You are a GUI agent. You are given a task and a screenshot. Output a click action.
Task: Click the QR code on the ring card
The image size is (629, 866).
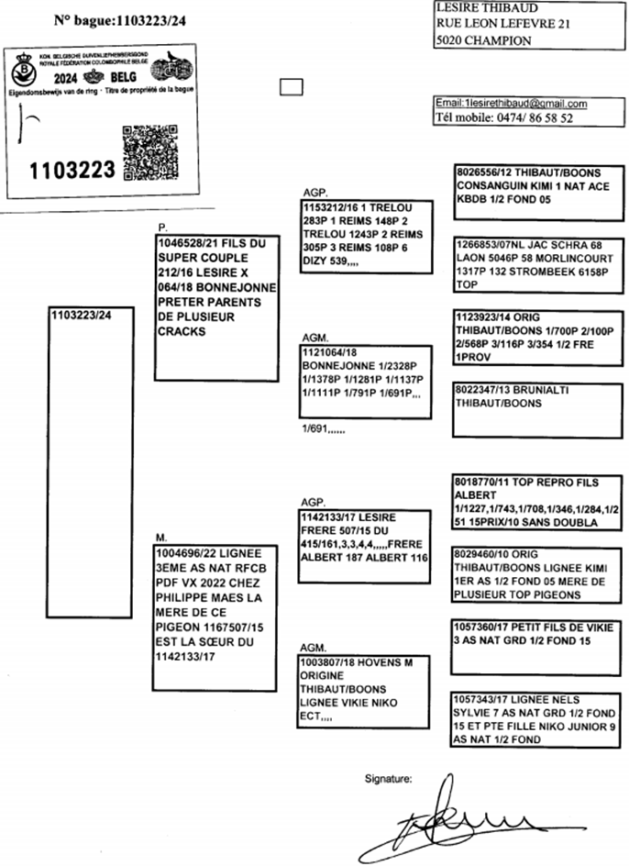click(x=147, y=150)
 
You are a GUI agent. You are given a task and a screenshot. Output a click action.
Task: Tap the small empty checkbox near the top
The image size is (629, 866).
click(x=291, y=87)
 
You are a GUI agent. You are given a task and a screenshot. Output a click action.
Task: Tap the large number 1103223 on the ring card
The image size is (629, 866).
click(x=72, y=171)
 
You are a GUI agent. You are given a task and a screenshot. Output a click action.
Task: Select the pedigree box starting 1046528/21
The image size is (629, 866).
click(x=216, y=305)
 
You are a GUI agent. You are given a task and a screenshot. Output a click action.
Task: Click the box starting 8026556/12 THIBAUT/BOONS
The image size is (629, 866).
click(x=537, y=192)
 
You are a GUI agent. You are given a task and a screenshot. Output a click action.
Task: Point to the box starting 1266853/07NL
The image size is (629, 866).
click(x=537, y=265)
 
